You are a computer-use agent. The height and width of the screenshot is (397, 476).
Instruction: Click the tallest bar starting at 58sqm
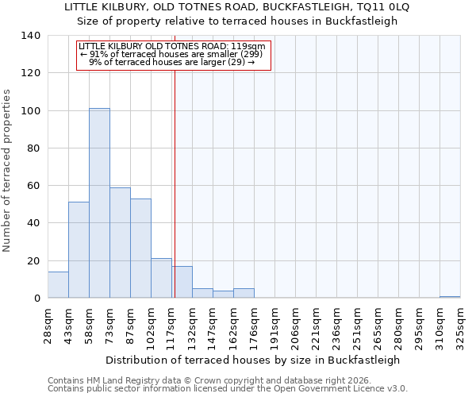click(99, 203)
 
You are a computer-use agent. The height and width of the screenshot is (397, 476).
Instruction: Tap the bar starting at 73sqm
click(120, 243)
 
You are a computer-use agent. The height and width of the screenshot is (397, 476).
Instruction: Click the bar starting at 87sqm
click(140, 249)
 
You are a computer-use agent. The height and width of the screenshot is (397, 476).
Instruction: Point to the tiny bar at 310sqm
click(450, 297)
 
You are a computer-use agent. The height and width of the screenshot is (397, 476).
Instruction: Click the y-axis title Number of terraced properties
click(7, 170)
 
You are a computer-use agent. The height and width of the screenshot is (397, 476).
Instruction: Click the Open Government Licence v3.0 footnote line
click(228, 389)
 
